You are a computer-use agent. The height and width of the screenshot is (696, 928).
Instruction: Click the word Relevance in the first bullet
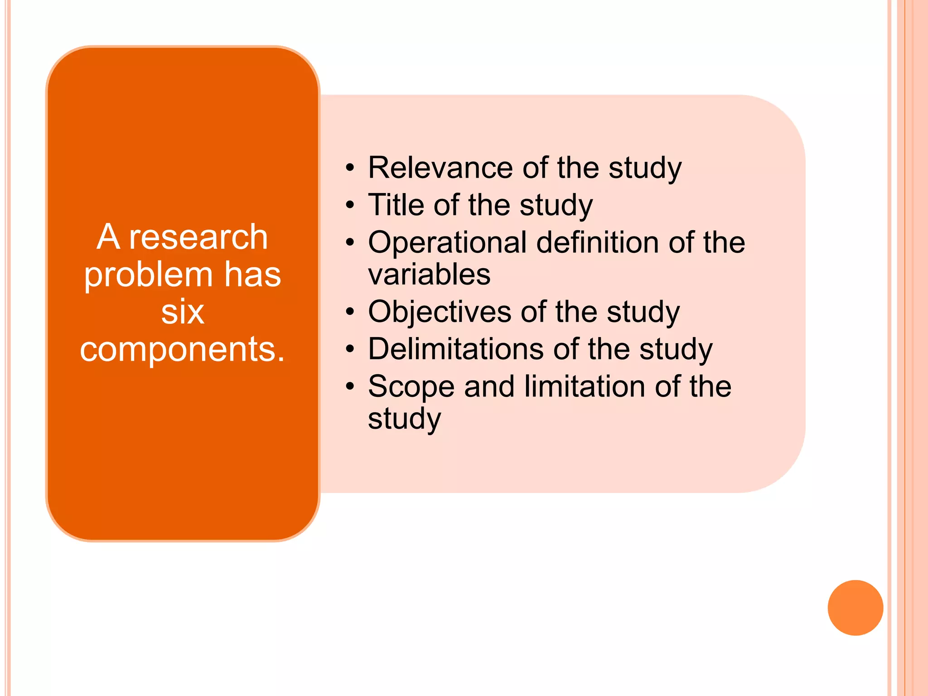(440, 168)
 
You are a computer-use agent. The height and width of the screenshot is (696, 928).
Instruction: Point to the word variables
(429, 275)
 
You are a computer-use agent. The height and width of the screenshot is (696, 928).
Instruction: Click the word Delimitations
(455, 349)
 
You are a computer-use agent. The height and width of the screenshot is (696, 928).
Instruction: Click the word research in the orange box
(198, 237)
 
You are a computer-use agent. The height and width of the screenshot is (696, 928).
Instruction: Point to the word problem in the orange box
(148, 275)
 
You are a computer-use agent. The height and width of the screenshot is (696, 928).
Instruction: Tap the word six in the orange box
(183, 312)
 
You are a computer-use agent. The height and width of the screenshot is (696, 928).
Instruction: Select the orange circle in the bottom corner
(855, 608)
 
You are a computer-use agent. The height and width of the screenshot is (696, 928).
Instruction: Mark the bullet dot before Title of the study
(349, 206)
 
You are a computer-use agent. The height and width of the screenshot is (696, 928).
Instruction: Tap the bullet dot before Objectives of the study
(349, 313)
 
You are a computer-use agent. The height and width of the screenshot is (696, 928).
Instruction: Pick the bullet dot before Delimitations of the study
(349, 350)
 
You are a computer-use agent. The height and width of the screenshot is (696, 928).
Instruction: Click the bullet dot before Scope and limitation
(349, 387)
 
